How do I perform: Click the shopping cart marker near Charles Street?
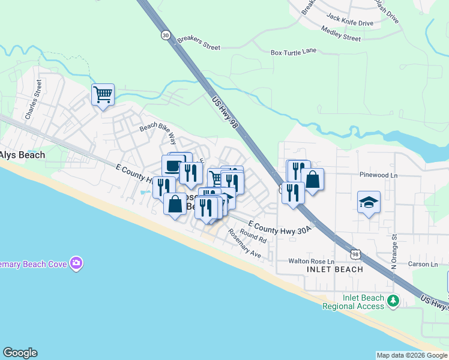103,94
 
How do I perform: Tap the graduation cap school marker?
369,202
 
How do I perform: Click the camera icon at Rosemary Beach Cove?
76,263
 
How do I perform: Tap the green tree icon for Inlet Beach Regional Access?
393,301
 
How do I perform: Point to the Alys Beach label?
22,155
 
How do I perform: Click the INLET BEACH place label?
335,269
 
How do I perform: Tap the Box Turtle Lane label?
293,52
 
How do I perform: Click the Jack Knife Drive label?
349,23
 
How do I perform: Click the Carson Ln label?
423,264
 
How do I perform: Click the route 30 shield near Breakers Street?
165,35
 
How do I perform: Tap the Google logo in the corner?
20,353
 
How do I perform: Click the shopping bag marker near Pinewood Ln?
312,178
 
